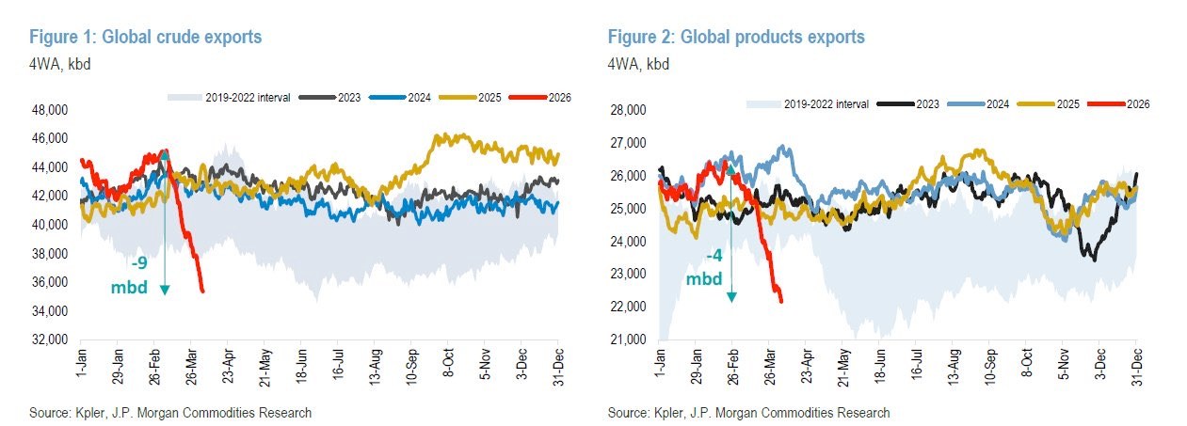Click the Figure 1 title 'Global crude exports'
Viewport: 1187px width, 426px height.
pyautogui.click(x=146, y=38)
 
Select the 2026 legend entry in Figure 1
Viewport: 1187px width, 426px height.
pyautogui.click(x=547, y=97)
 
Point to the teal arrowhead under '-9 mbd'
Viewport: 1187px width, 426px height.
pyautogui.click(x=165, y=291)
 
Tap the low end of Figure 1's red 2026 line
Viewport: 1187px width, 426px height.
pyautogui.click(x=202, y=292)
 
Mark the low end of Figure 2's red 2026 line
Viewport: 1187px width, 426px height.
pyautogui.click(x=782, y=301)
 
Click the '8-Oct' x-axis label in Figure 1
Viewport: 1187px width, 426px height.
pyautogui.click(x=448, y=358)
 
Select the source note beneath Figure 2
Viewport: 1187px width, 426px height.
pyautogui.click(x=748, y=413)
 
